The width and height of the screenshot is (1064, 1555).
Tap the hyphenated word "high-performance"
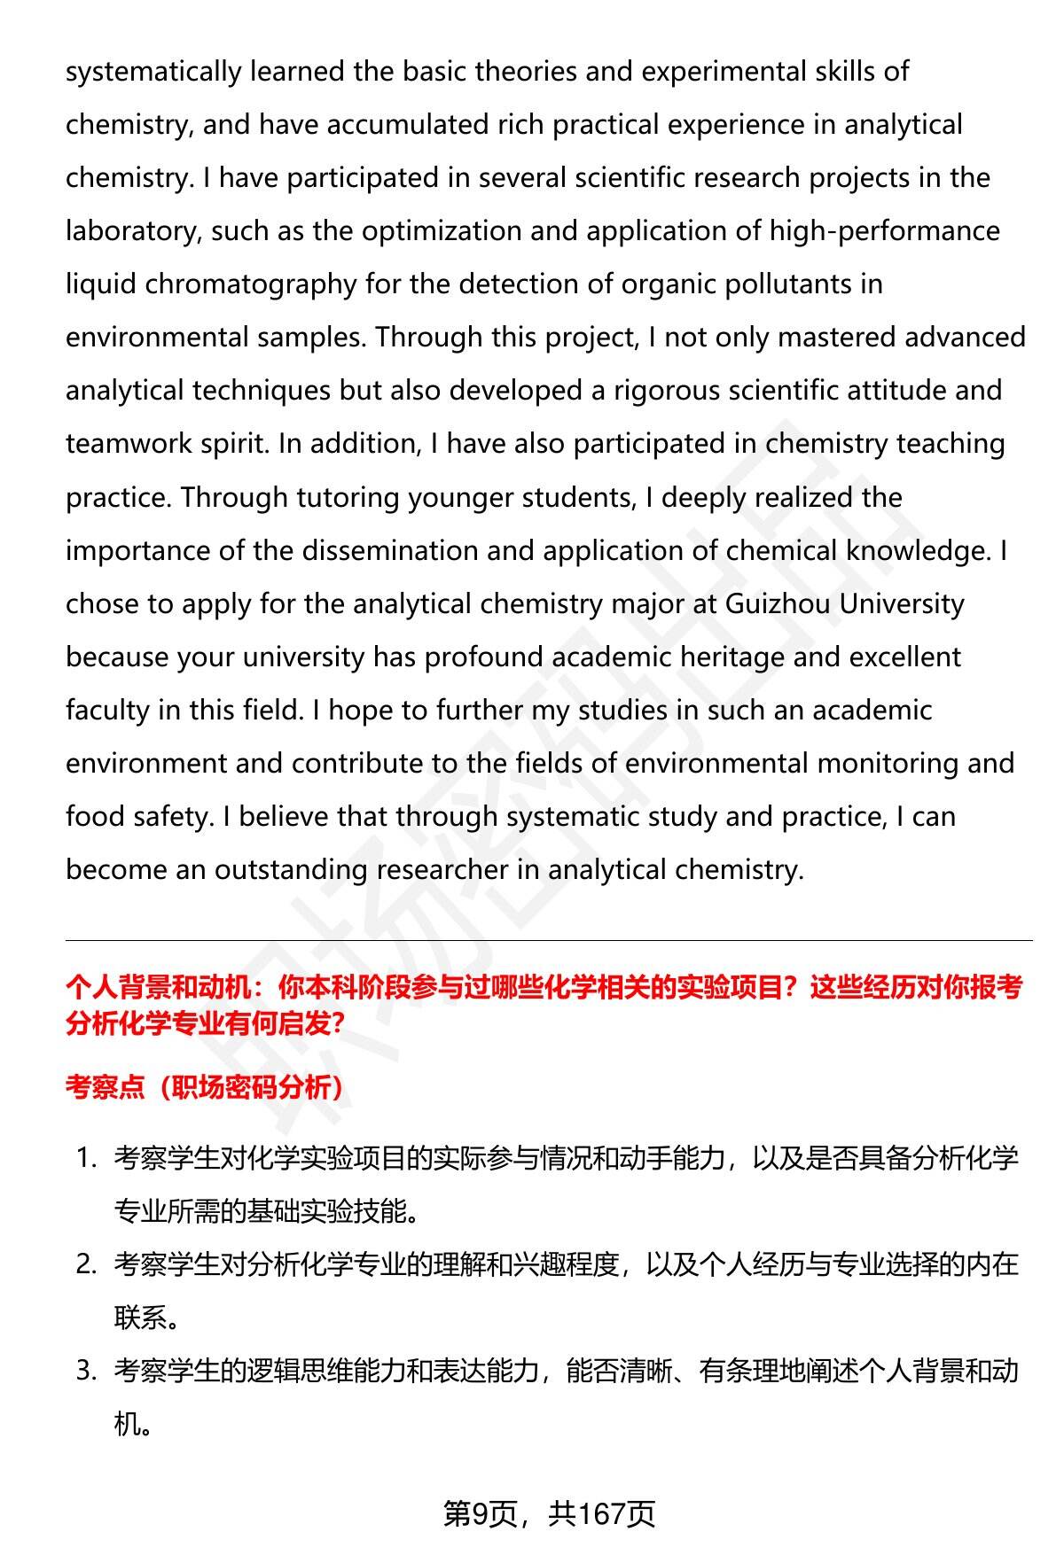click(884, 231)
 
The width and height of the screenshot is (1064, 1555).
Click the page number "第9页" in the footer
click(480, 1513)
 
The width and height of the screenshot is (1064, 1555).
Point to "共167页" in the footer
click(601, 1513)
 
